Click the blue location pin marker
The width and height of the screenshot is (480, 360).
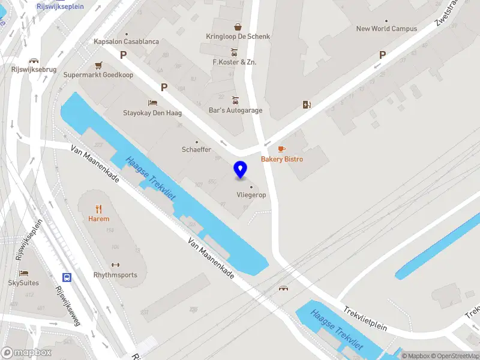point(241,170)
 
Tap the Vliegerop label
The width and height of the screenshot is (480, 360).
point(251,195)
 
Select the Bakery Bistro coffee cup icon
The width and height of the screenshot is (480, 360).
point(281,149)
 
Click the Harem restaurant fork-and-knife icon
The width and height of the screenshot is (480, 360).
point(99,209)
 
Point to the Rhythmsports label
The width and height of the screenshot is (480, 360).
point(115,275)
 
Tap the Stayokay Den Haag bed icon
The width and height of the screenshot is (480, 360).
point(152,103)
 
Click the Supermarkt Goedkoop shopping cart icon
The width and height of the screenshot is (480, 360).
point(98,65)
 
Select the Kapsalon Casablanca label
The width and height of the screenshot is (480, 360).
point(126,42)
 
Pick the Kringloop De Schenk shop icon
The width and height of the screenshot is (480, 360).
point(238,26)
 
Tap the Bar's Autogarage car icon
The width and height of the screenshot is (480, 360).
point(236,100)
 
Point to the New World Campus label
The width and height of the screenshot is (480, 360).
point(386,28)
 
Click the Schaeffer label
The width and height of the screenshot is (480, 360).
point(197,149)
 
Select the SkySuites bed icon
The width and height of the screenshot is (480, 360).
point(24,273)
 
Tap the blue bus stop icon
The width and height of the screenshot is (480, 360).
point(67,277)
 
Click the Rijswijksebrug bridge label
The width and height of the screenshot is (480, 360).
point(34,69)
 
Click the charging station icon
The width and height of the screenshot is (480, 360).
point(307,105)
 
